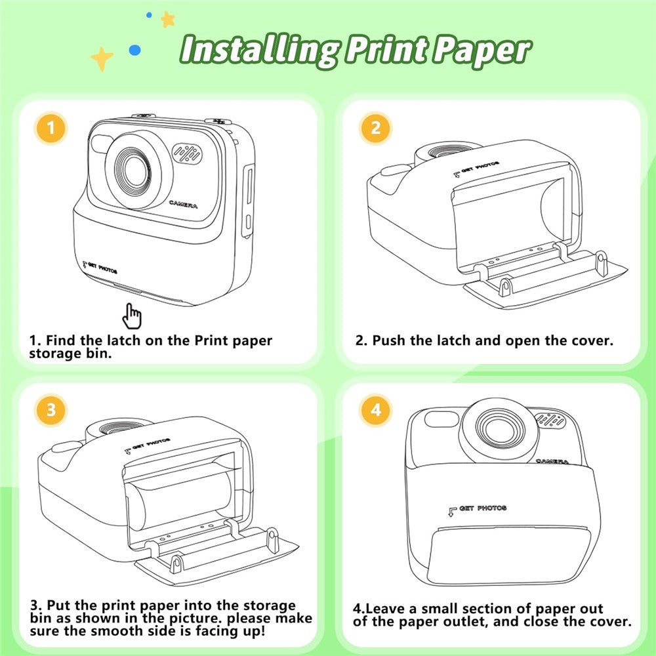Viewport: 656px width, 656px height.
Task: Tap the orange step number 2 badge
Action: tap(375, 127)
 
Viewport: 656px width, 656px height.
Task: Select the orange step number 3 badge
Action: tap(51, 411)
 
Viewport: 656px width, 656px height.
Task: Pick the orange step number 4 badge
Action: tap(375, 411)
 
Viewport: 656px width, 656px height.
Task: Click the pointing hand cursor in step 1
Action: tap(133, 316)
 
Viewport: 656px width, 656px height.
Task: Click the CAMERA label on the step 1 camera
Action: tap(182, 205)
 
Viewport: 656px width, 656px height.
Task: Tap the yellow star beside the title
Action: tap(102, 59)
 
